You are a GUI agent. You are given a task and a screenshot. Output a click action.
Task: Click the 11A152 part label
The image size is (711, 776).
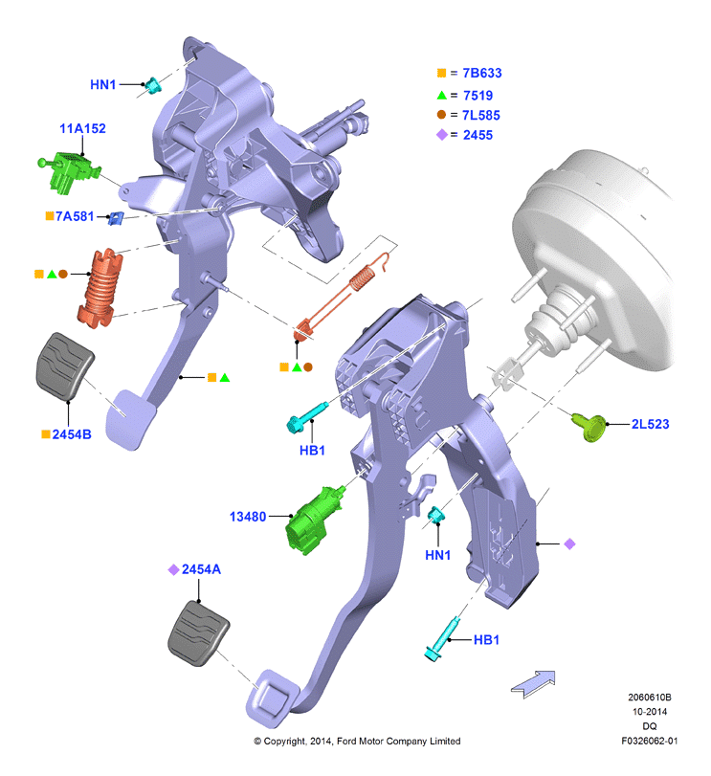[82, 128]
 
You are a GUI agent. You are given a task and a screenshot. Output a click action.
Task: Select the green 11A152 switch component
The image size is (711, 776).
[69, 171]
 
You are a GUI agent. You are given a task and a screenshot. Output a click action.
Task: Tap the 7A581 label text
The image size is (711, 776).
[75, 216]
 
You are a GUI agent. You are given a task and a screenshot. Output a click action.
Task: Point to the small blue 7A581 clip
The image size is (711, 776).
[116, 218]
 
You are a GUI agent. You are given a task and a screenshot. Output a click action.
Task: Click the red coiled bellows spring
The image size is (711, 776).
[100, 288]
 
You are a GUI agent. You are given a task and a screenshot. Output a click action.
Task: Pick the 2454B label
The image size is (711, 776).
[72, 434]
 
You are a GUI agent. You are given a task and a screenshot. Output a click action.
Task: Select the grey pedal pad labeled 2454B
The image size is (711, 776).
[65, 366]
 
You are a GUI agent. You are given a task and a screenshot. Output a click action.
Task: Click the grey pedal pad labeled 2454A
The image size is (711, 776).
[198, 633]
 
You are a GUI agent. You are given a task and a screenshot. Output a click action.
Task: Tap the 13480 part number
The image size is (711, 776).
[248, 517]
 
